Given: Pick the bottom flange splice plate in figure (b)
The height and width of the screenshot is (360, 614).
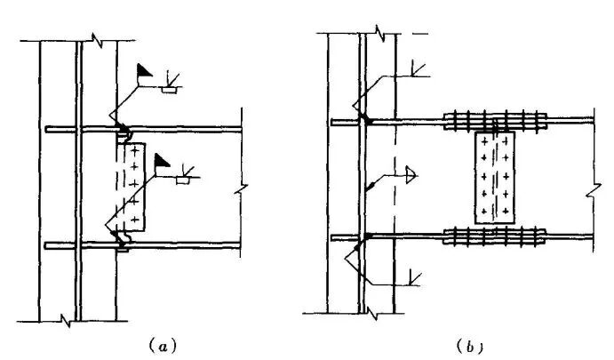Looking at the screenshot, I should coord(493,238).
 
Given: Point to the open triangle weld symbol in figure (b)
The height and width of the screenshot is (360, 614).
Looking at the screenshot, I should coord(411,174).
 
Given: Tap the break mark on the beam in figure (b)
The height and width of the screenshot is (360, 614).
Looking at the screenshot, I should coord(592,192).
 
